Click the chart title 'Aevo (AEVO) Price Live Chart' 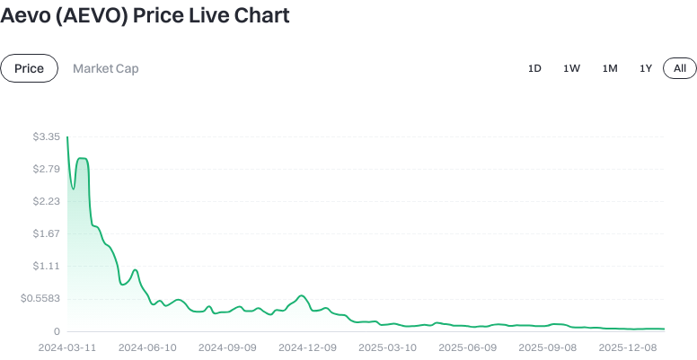coord(145,16)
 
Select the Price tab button coord(29,68)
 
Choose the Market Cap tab coord(105,68)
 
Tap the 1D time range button coord(534,68)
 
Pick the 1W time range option coord(571,68)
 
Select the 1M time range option coord(610,68)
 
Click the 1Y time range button coord(645,68)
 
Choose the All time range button coord(680,68)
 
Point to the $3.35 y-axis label coord(46,136)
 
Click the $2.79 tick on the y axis coord(46,169)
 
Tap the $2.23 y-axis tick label coord(46,201)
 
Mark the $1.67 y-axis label coord(46,233)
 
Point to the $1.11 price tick coord(46,266)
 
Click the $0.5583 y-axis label coord(40,298)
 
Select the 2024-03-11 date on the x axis coord(68,347)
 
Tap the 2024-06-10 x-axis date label coord(147,347)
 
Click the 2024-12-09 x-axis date coord(307,347)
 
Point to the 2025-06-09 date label coord(467,347)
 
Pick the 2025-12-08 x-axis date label coord(627,347)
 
